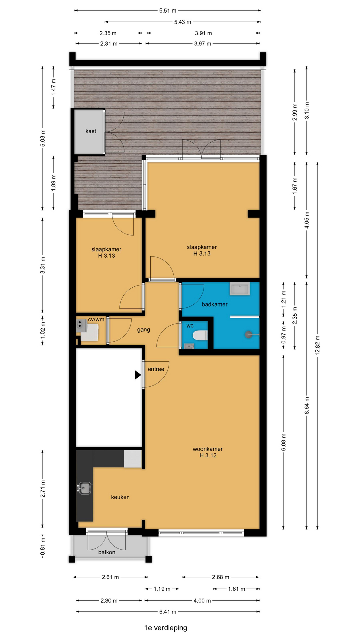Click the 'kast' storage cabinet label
click(91, 131)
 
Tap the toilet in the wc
click(201, 335)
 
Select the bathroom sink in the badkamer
click(240, 289)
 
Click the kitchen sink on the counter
click(84, 488)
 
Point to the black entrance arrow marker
click(138, 375)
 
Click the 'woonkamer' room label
click(208, 449)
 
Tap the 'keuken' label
click(120, 497)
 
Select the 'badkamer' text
click(215, 304)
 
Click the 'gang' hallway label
click(144, 330)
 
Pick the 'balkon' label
click(107, 552)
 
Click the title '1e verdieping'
click(166, 628)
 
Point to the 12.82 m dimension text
click(317, 345)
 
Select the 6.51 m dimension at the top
click(168, 11)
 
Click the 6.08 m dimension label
click(284, 442)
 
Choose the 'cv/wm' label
click(96, 319)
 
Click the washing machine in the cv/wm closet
click(90, 332)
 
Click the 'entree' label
click(156, 369)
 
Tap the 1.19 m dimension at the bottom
click(162, 589)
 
